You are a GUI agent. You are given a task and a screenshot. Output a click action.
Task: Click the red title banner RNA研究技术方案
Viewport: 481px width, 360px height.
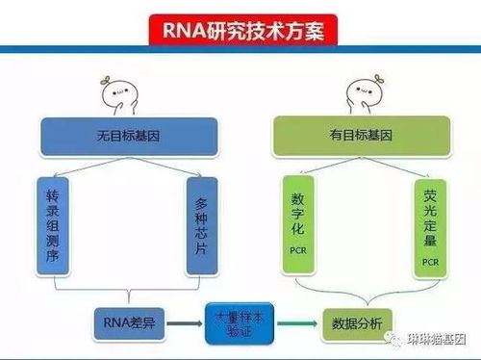240,31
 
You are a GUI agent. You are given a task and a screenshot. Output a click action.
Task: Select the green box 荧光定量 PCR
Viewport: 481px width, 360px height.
429,226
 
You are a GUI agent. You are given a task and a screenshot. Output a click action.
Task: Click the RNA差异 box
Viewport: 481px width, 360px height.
127,321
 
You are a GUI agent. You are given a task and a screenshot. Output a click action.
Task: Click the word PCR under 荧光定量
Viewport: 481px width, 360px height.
429,260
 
